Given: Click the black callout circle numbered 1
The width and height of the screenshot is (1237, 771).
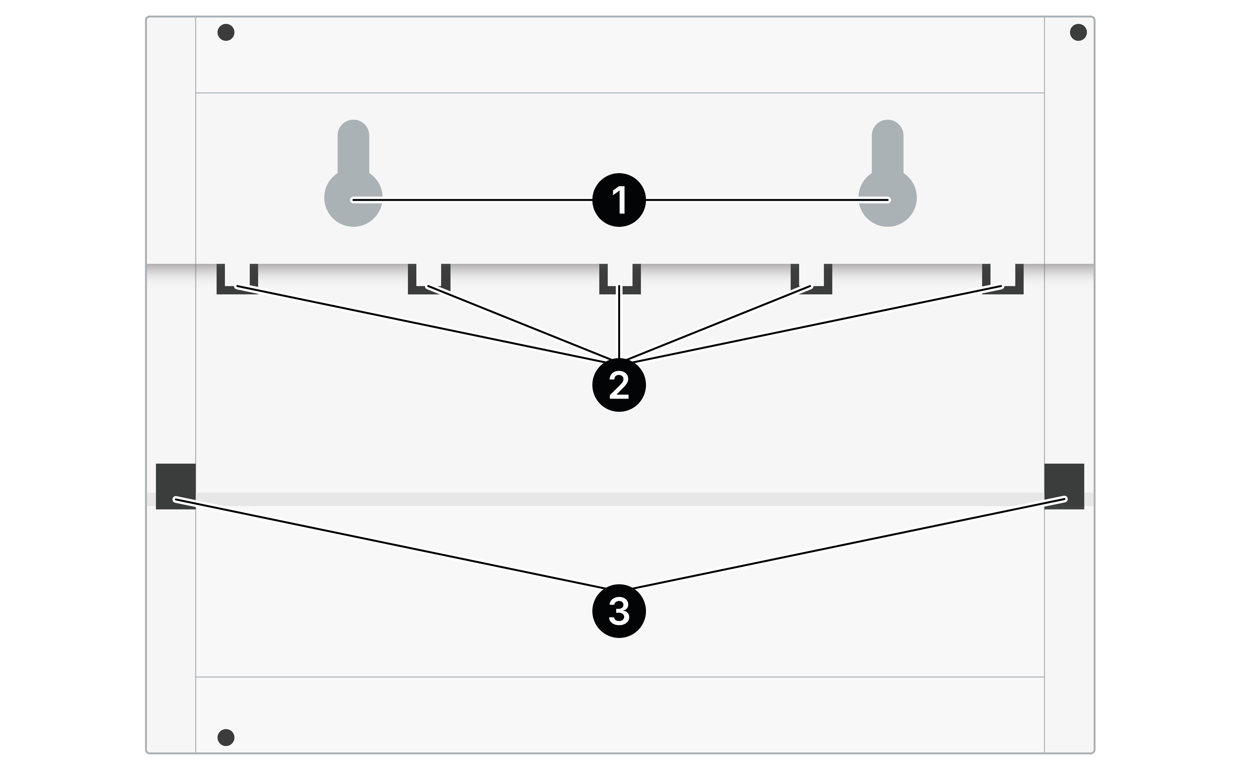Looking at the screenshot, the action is (x=619, y=200).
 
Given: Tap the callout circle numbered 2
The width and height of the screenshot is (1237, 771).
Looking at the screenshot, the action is (x=619, y=385).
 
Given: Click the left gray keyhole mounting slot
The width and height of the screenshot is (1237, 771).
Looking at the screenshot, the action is (x=353, y=173).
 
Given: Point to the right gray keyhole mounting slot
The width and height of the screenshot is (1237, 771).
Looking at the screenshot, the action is (x=888, y=173).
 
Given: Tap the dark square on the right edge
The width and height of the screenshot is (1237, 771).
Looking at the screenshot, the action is (x=1064, y=486).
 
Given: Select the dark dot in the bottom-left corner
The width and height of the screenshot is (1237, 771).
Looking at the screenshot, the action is (x=226, y=737).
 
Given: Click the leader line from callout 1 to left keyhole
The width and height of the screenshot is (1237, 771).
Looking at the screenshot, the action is (x=472, y=200).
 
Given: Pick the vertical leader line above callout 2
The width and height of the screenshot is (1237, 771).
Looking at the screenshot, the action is (x=619, y=322).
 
